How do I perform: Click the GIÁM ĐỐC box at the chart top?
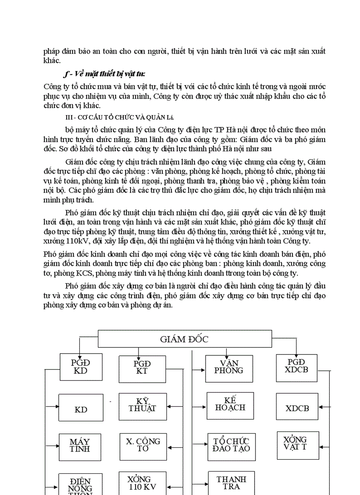184,339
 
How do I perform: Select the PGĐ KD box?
81,367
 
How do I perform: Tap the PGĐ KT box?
142,367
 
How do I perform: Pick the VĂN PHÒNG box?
229,367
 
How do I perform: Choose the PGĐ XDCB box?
296,366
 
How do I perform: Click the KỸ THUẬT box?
142,405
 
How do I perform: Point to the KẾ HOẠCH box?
230,404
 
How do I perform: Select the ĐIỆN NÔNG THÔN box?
80,485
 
